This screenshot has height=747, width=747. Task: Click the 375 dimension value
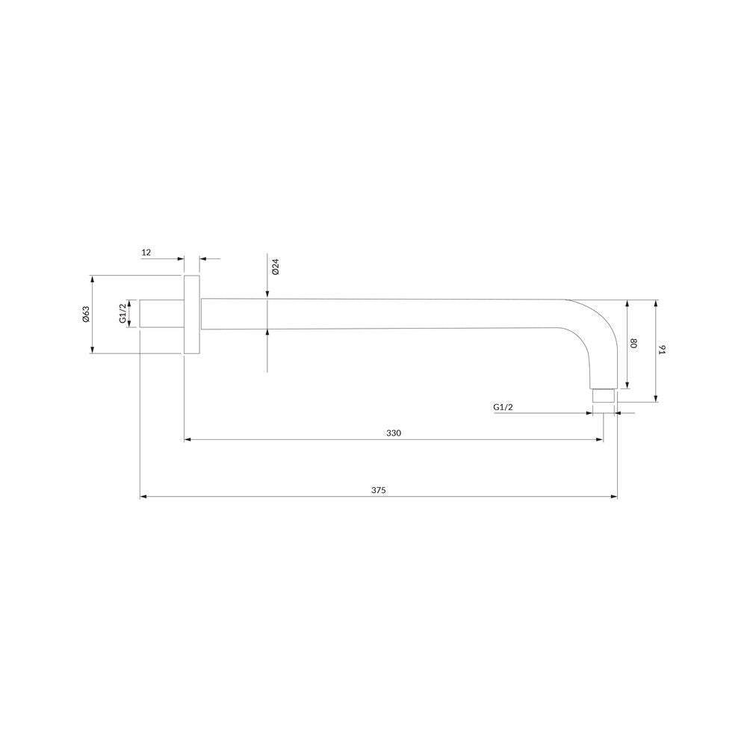pos(378,490)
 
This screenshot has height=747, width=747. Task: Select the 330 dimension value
pos(394,433)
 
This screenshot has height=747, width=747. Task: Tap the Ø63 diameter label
pos(86,314)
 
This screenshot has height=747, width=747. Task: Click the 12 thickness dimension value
pos(146,252)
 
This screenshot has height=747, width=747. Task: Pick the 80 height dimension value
pos(633,343)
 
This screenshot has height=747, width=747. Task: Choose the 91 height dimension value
pos(661,350)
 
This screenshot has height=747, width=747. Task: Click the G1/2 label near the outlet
pos(503,407)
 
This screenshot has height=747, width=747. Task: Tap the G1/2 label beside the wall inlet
pos(123,314)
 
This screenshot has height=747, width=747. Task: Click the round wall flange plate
pos(191,314)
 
